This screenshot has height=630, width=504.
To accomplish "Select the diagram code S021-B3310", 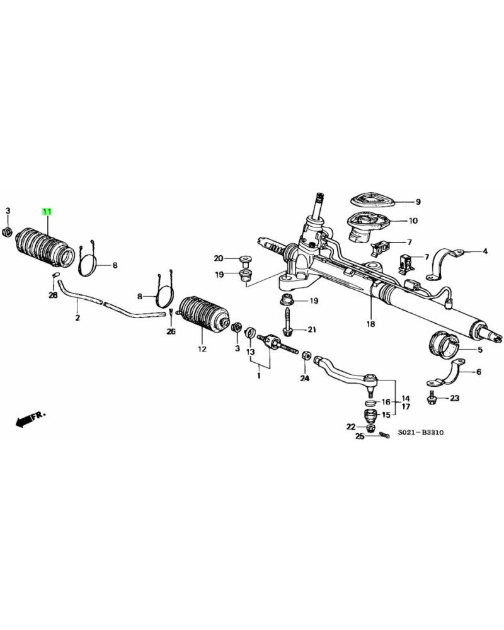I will [x=420, y=434].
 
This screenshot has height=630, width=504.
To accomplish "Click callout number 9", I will [x=417, y=202].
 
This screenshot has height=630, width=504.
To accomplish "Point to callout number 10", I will [x=413, y=221].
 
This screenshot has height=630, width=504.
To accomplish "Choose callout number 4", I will [x=485, y=252].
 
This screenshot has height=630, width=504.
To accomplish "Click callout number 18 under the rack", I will [x=370, y=324].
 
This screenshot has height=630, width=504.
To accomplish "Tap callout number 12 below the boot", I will [x=202, y=348].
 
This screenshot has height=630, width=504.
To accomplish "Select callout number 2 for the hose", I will [x=77, y=318].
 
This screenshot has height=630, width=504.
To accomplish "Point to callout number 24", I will [x=305, y=379].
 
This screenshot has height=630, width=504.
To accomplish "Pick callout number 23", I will [x=455, y=398].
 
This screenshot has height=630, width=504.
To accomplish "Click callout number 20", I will [x=219, y=258].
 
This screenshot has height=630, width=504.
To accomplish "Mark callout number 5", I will [x=479, y=350].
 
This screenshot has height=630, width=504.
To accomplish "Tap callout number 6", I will [x=478, y=372].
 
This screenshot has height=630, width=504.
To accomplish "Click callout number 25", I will [x=360, y=436].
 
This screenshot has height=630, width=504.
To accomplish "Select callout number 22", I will [x=351, y=427].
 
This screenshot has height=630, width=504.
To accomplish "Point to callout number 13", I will [x=250, y=352].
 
